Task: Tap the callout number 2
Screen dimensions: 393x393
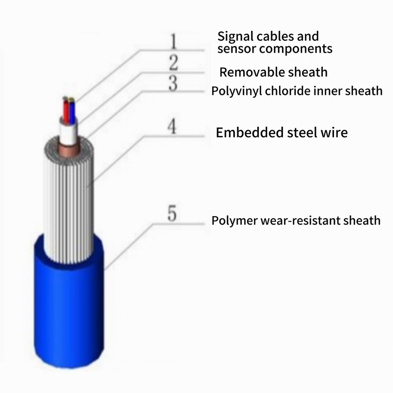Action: click(x=173, y=63)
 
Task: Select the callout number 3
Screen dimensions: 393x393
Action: click(x=173, y=83)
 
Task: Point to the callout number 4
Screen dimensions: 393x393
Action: click(x=171, y=127)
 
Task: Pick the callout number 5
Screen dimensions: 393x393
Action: click(x=172, y=214)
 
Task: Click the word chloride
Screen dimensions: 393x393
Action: click(x=283, y=91)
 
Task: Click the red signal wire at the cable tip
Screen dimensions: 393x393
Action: click(x=65, y=111)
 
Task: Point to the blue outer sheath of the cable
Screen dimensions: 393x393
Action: click(x=69, y=314)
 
